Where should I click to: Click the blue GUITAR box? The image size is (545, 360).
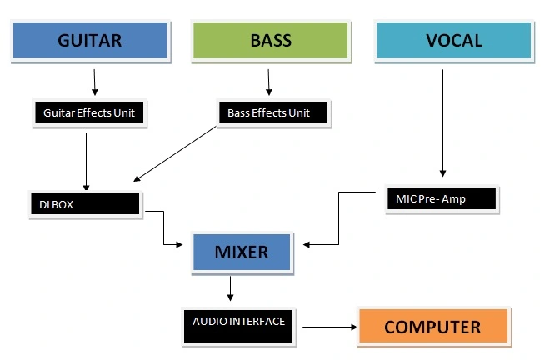pyautogui.click(x=90, y=41)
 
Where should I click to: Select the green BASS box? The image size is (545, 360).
pyautogui.click(x=271, y=41)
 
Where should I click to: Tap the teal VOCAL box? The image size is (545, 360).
pyautogui.click(x=454, y=41)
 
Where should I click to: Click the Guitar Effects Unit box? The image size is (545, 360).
pyautogui.click(x=89, y=112)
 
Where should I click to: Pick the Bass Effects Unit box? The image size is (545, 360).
pyautogui.click(x=273, y=112)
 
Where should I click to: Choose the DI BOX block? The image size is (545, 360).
pyautogui.click(x=85, y=204)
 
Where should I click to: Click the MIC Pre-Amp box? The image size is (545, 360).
pyautogui.click(x=442, y=198)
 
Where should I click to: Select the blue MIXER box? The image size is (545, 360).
pyautogui.click(x=242, y=252)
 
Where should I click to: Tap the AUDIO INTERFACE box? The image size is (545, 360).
pyautogui.click(x=238, y=327)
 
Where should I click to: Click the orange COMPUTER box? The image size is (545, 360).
pyautogui.click(x=433, y=327)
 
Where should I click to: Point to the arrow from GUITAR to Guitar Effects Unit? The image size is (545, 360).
pyautogui.click(x=94, y=82)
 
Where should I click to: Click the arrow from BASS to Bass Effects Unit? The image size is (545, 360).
pyautogui.click(x=268, y=82)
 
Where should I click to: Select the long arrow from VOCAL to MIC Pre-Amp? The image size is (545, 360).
pyautogui.click(x=442, y=123)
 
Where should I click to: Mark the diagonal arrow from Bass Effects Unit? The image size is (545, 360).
pyautogui.click(x=175, y=154)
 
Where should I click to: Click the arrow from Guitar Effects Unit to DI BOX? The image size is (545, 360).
pyautogui.click(x=86, y=162)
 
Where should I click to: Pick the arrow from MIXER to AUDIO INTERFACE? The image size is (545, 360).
pyautogui.click(x=230, y=288)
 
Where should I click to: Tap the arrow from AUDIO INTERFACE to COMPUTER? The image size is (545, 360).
pyautogui.click(x=329, y=327)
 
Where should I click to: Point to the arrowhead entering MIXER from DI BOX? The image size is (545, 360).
pyautogui.click(x=179, y=245)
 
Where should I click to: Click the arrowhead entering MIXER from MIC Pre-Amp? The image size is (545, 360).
pyautogui.click(x=307, y=245)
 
